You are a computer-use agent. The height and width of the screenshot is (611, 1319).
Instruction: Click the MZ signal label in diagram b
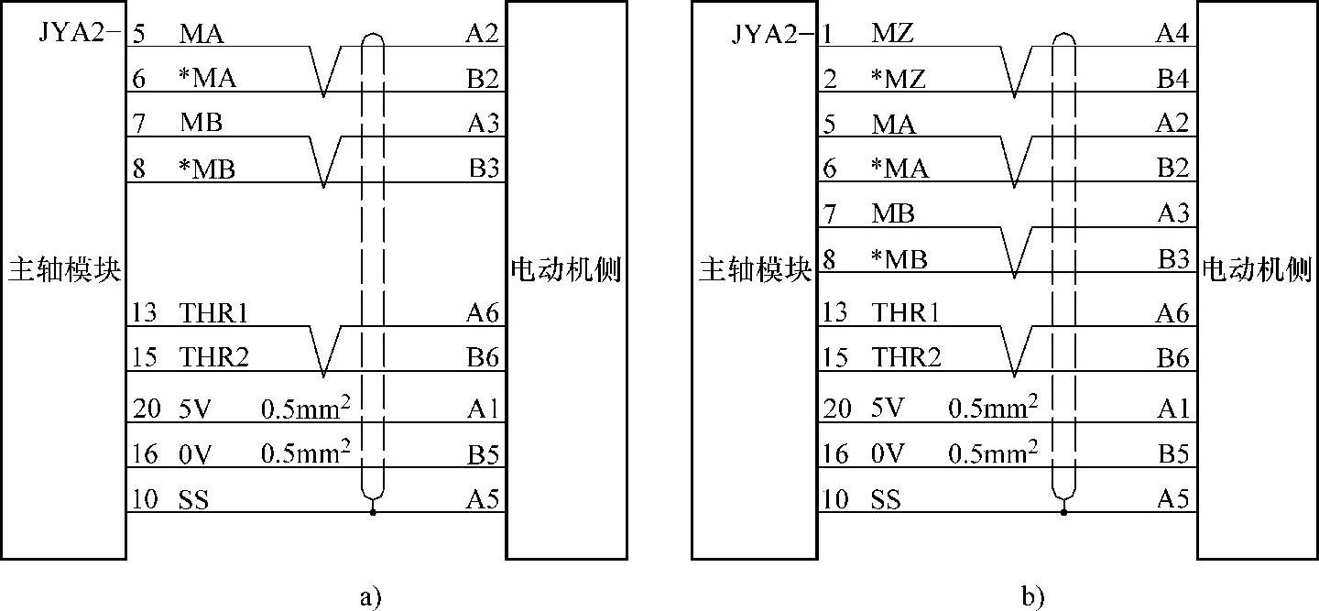click(x=891, y=35)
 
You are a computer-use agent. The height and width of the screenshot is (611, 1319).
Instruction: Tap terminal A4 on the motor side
click(x=1172, y=35)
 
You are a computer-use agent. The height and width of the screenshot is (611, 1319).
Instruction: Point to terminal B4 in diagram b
click(x=1172, y=80)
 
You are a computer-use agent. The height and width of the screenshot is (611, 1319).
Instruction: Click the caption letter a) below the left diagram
click(x=370, y=598)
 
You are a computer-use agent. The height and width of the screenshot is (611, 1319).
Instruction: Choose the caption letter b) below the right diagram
click(x=1032, y=598)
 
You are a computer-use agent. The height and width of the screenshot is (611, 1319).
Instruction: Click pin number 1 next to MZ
click(x=829, y=35)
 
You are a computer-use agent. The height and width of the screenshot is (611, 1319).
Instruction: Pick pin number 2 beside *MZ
click(x=830, y=80)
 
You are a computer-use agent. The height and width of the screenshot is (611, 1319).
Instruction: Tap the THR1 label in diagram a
click(x=214, y=313)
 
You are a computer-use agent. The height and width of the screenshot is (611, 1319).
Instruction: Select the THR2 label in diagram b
click(x=906, y=358)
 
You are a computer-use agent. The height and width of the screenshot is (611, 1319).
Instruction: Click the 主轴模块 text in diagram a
click(x=65, y=271)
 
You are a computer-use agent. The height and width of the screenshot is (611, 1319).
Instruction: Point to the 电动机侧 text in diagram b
click(x=1257, y=271)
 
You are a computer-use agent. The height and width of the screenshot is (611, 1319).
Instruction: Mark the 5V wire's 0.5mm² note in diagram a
click(x=306, y=408)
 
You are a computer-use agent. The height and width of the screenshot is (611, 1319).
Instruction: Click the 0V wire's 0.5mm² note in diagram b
click(x=993, y=453)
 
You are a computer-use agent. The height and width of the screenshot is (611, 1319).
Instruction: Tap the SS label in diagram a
click(x=193, y=500)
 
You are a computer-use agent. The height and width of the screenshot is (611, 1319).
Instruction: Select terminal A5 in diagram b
click(x=1172, y=499)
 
